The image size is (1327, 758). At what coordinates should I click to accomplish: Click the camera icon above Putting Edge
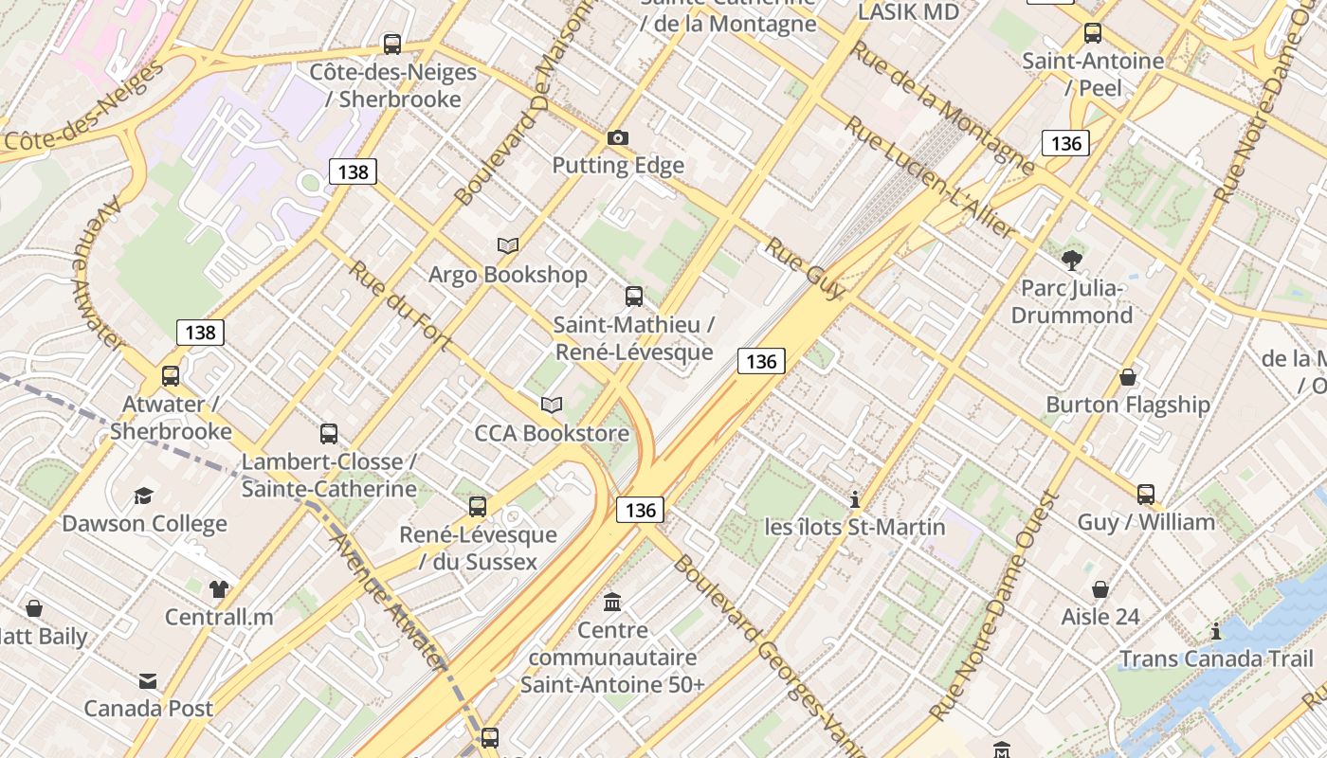(618, 138)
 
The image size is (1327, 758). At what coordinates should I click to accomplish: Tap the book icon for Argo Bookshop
(508, 246)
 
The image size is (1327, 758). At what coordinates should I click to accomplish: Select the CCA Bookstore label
(552, 434)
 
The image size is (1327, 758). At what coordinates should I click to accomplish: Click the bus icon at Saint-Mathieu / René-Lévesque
(634, 297)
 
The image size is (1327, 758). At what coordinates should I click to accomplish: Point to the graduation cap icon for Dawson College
(143, 496)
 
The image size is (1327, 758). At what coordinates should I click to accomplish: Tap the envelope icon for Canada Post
(148, 681)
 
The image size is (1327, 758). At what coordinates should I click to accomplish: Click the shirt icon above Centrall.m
(219, 589)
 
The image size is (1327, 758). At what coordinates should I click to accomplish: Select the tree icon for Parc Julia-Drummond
(1072, 260)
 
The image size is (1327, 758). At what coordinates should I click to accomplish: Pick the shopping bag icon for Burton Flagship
(1128, 377)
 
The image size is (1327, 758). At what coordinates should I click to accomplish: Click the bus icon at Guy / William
(1146, 495)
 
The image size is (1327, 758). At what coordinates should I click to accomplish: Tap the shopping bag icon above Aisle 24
(1100, 589)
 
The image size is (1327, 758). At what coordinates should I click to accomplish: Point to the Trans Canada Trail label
(1217, 659)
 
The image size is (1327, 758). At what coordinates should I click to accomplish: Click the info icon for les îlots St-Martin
(855, 499)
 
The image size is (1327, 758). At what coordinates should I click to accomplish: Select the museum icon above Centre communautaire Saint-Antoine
(612, 603)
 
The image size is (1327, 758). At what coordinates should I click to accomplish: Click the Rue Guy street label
(804, 268)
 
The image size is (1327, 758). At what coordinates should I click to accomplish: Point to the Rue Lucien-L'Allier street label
(930, 178)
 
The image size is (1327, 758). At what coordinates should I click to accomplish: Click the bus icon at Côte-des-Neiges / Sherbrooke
(391, 44)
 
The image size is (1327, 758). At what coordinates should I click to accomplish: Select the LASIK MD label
(908, 12)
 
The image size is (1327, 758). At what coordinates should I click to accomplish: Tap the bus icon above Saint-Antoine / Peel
(1093, 33)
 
